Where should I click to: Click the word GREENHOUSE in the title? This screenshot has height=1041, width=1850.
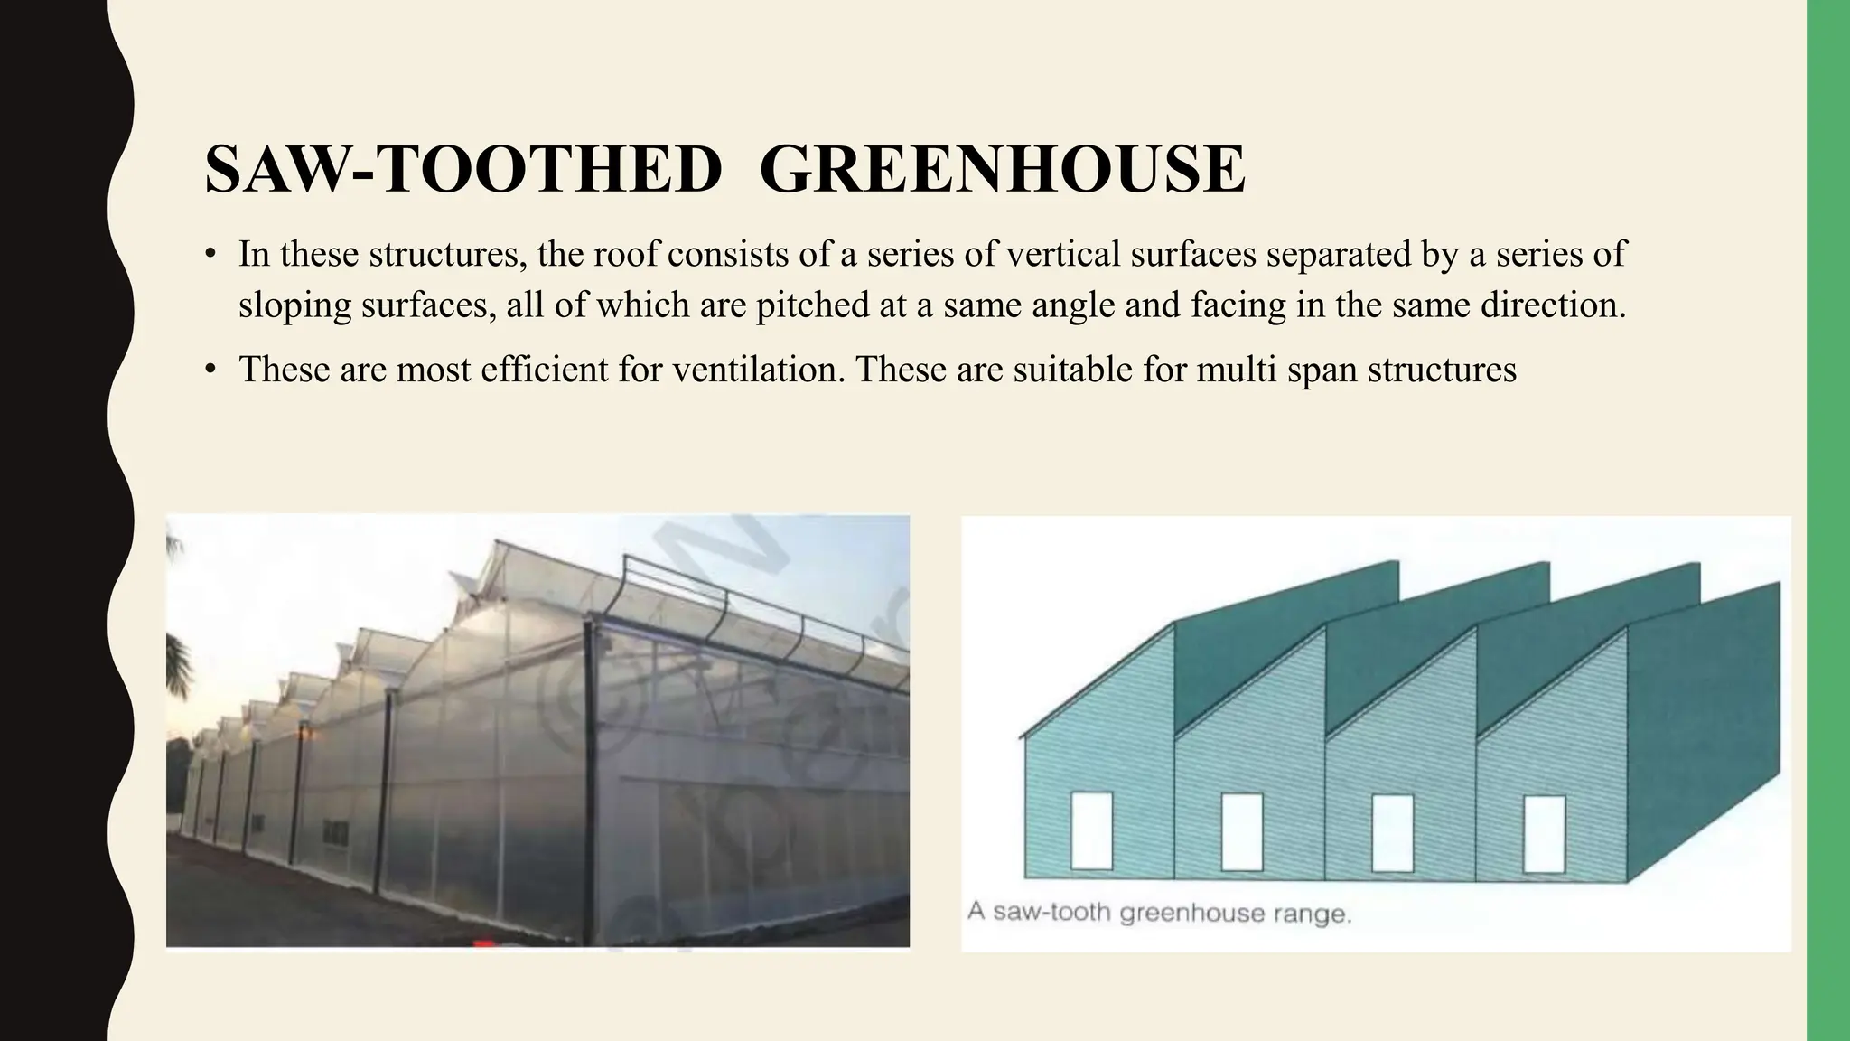point(1003,169)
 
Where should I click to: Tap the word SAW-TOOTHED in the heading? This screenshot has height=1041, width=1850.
point(463,169)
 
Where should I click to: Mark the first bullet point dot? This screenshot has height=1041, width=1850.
point(210,256)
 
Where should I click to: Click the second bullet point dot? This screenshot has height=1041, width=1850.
point(210,370)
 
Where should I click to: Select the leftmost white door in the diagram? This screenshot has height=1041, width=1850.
point(1091,830)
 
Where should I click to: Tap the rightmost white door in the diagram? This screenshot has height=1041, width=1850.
point(1544,833)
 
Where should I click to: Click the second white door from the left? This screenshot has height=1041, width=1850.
point(1241,831)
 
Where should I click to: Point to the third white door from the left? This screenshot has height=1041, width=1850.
point(1392,832)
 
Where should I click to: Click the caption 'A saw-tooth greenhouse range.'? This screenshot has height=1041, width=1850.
point(1159,913)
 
